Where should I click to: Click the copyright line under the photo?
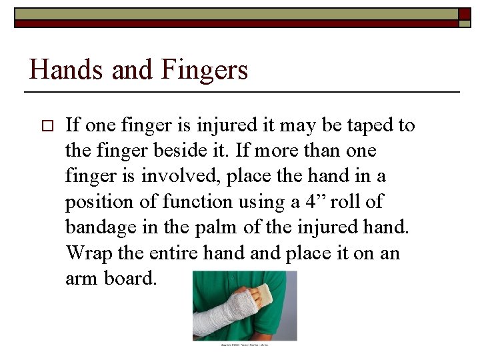(x=243, y=344)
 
